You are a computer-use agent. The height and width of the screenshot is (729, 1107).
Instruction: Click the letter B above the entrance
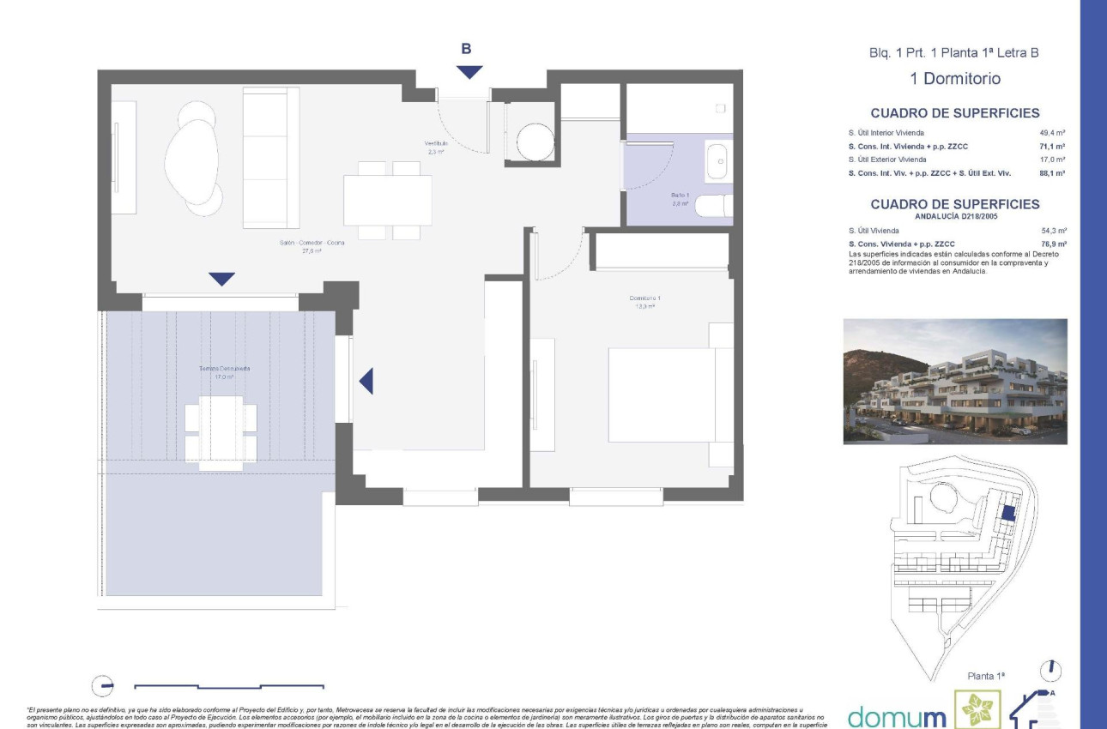click(x=466, y=49)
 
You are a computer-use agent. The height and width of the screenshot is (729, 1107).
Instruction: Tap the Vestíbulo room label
click(x=436, y=147)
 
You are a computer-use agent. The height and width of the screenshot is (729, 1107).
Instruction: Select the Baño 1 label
click(x=680, y=199)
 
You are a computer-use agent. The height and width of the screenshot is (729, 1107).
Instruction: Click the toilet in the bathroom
click(x=712, y=207)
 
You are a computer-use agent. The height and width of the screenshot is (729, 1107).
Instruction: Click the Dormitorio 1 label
click(x=644, y=302)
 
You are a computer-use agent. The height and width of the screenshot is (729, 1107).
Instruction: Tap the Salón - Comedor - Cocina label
click(x=312, y=247)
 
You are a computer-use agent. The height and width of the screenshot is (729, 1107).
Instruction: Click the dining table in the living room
click(x=388, y=200)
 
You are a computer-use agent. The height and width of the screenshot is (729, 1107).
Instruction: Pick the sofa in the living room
click(x=269, y=158)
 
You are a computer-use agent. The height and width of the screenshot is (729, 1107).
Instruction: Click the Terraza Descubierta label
click(x=225, y=371)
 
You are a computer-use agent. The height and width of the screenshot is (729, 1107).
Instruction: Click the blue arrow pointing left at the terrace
click(x=366, y=381)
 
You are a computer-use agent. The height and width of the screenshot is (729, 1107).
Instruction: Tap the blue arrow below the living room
click(x=221, y=279)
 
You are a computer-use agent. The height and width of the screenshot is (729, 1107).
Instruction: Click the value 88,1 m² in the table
click(x=1052, y=173)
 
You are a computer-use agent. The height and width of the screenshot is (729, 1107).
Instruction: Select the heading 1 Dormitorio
click(x=955, y=79)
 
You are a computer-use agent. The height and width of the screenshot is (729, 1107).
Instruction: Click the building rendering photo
click(x=955, y=382)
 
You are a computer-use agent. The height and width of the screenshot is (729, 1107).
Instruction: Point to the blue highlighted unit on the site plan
click(x=1009, y=513)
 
